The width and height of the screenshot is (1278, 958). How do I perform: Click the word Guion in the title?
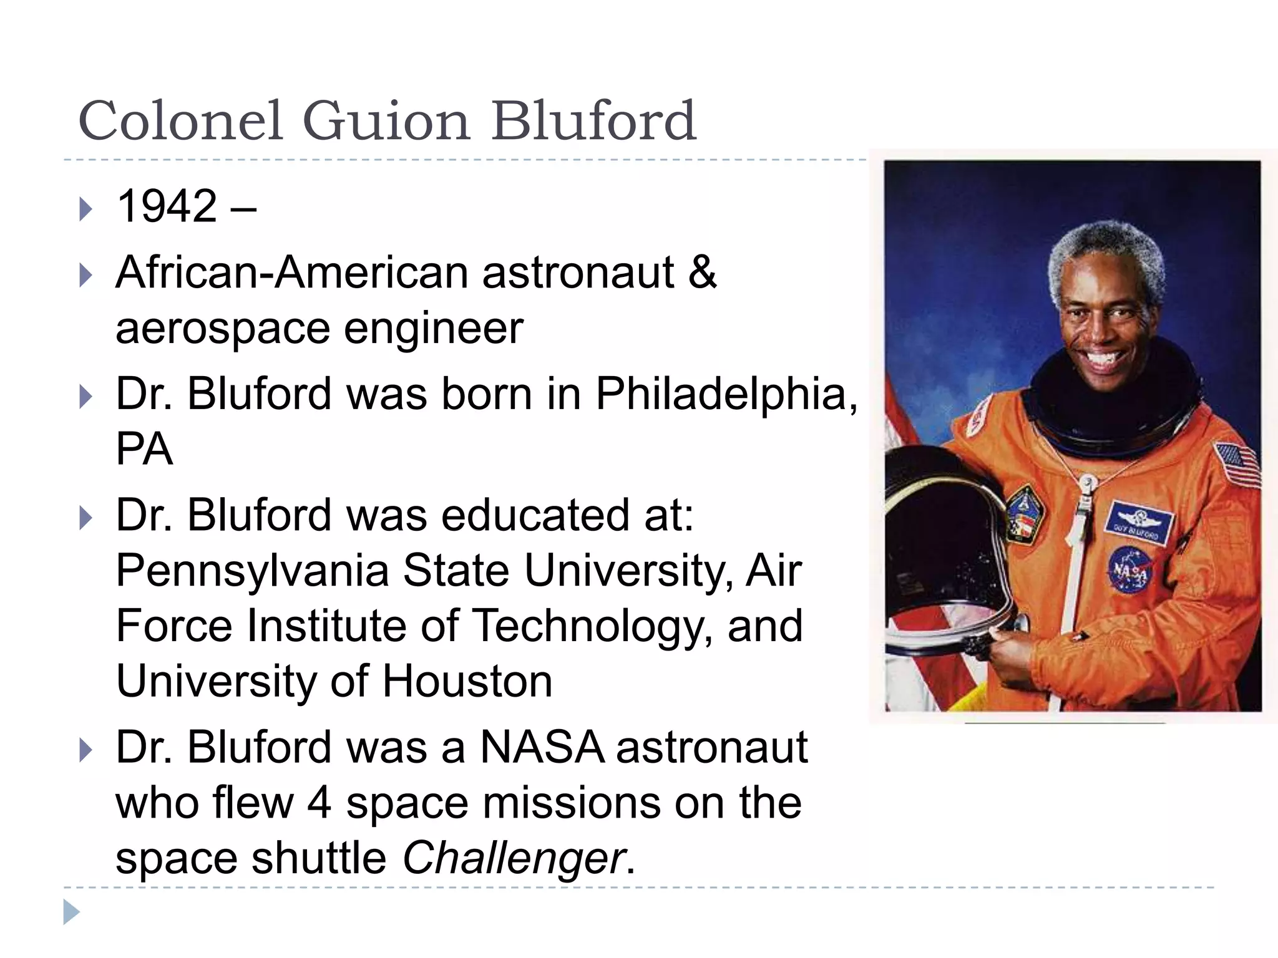coord(385,121)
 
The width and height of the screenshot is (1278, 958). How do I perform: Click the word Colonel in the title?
coord(181,121)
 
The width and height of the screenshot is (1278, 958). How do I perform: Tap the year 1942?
coord(167,206)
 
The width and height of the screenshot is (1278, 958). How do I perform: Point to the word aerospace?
coord(222,329)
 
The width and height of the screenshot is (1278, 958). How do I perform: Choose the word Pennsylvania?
coord(251,570)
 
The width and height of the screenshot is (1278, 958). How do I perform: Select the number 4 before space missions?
coord(319,803)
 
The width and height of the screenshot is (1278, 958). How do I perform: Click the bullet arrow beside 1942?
coord(86,209)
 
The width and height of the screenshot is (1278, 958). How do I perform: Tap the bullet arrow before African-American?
coord(86,275)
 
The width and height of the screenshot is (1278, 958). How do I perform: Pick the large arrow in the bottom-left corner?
coord(71,912)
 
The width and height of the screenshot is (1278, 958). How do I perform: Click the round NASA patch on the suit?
coord(1131,569)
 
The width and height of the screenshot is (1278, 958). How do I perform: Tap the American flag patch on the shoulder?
coord(1236,465)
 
